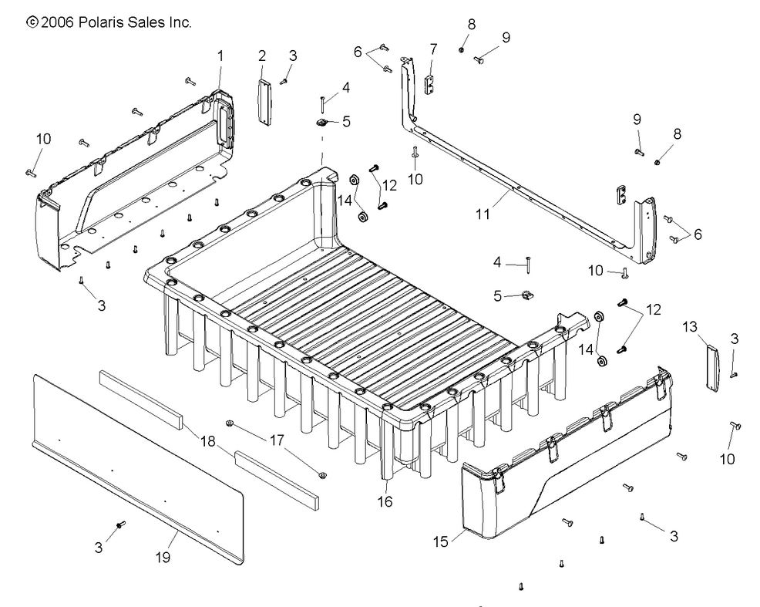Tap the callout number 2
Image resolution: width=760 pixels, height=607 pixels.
coord(262,56)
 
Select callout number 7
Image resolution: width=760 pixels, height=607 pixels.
coord(433,49)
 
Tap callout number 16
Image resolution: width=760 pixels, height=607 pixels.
coord(385,502)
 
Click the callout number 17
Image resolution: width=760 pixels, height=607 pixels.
coord(275,441)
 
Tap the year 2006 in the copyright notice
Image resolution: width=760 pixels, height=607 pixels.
coord(57,23)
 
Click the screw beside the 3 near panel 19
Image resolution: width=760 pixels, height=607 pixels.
coord(120,525)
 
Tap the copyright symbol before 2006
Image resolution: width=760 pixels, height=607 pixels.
coord(32,23)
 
